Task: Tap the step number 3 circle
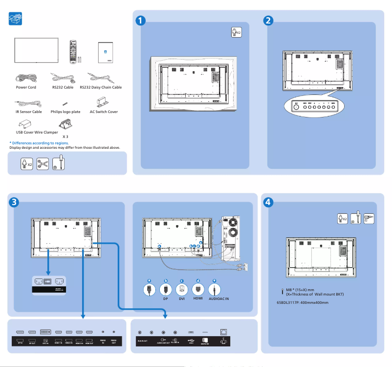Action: pyautogui.click(x=15, y=202)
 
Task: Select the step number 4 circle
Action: pyautogui.click(x=268, y=202)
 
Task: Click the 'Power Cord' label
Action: pyautogui.click(x=26, y=88)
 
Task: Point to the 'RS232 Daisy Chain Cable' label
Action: pyautogui.click(x=101, y=88)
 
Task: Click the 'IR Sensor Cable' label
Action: pyautogui.click(x=28, y=112)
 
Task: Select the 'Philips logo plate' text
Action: pyautogui.click(x=65, y=112)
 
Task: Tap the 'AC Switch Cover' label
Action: pyautogui.click(x=104, y=112)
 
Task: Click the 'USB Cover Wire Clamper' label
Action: pyautogui.click(x=34, y=132)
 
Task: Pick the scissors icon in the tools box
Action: pyautogui.click(x=43, y=164)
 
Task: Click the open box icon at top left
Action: pyautogui.click(x=16, y=19)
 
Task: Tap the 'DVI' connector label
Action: pyautogui.click(x=182, y=298)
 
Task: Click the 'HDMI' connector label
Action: pyautogui.click(x=198, y=298)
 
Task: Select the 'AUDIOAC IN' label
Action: pyautogui.click(x=218, y=298)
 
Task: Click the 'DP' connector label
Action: pyautogui.click(x=166, y=298)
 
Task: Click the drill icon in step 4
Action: pyautogui.click(x=369, y=218)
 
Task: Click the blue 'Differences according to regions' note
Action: pyautogui.click(x=39, y=143)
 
